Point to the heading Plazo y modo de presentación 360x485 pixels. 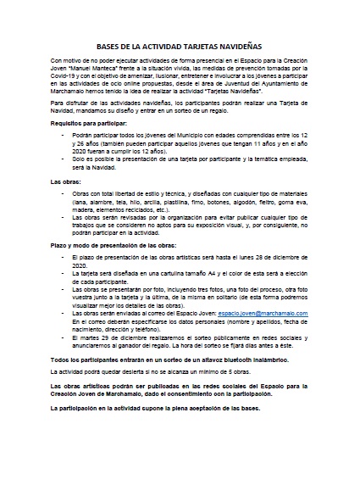(111, 242)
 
